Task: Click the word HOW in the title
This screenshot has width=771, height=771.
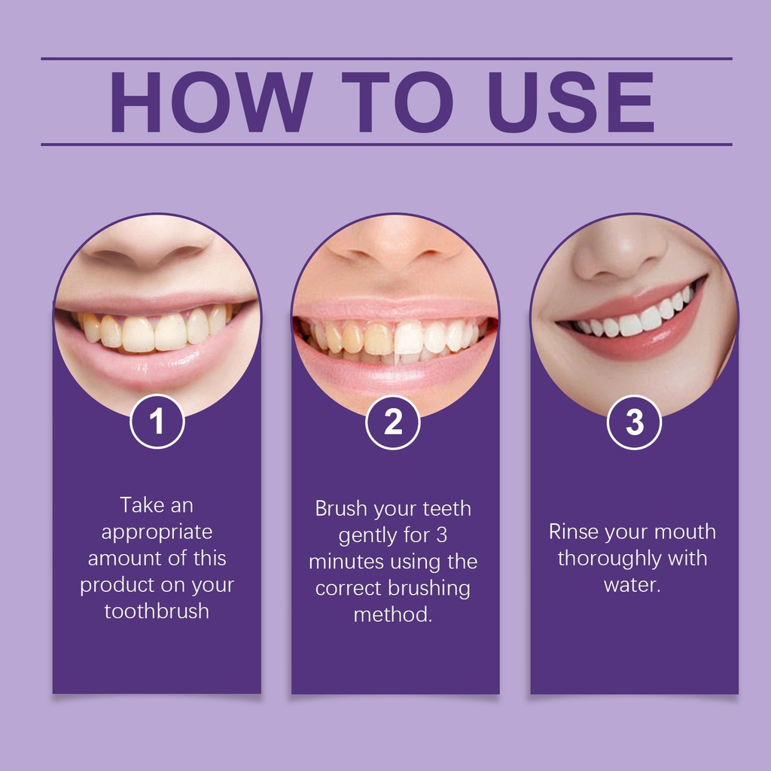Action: pyautogui.click(x=212, y=102)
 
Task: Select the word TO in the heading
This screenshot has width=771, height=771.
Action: pyautogui.click(x=398, y=102)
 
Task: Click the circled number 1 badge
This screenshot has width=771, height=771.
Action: pyautogui.click(x=157, y=422)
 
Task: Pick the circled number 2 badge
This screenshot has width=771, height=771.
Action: pyautogui.click(x=393, y=422)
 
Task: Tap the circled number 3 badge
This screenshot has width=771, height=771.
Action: pyautogui.click(x=634, y=422)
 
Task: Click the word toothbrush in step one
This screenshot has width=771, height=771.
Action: pyautogui.click(x=157, y=611)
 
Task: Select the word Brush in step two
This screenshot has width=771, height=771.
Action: pyautogui.click(x=341, y=508)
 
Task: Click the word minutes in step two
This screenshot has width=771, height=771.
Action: pyautogui.click(x=346, y=562)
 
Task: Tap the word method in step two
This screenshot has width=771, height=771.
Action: pyautogui.click(x=393, y=614)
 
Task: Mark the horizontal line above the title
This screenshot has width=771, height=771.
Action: pyautogui.click(x=386, y=59)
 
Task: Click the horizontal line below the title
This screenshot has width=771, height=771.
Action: pyautogui.click(x=386, y=145)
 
